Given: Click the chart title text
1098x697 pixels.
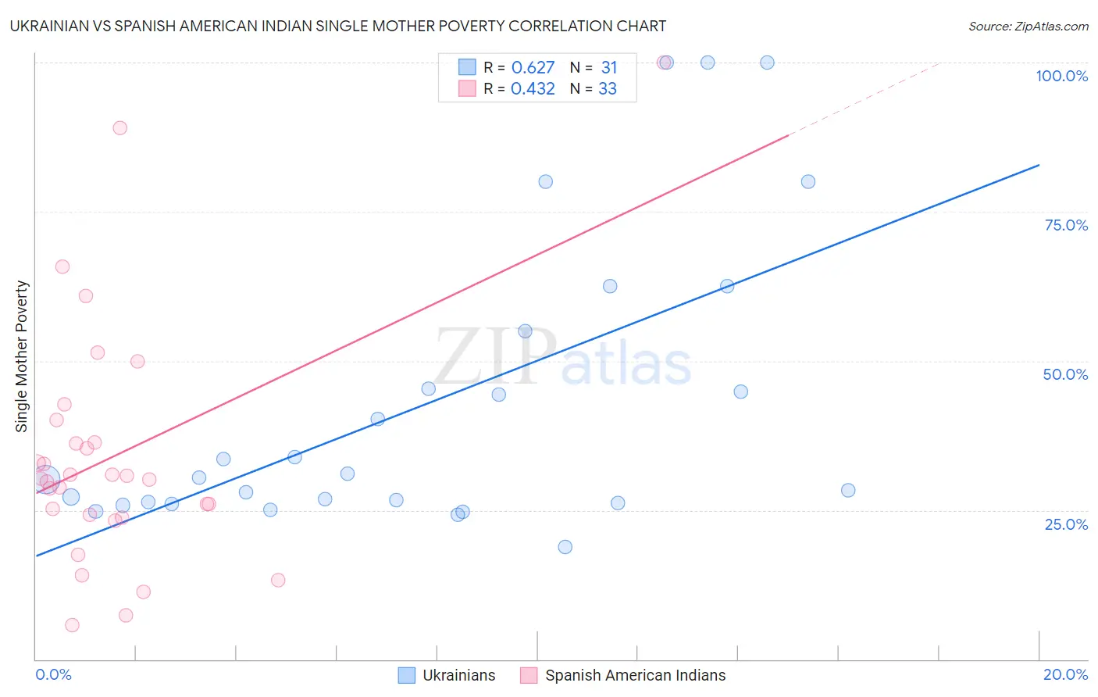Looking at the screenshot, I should tap(338, 26).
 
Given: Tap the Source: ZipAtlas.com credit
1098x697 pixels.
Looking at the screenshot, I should tap(1028, 26).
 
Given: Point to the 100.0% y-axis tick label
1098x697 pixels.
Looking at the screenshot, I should tap(1061, 76).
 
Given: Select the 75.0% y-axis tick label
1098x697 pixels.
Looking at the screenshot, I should tap(1066, 225).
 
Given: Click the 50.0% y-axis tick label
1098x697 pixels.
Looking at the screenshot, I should tap(1065, 374).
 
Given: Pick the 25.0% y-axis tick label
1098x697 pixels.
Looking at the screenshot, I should tap(1066, 524).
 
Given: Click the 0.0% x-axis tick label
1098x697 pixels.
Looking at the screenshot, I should tap(53, 674).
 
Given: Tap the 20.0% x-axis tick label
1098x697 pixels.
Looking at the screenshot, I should tap(1065, 674).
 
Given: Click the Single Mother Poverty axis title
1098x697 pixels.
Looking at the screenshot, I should tap(22, 356).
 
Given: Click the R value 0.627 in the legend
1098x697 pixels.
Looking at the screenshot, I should tap(533, 68).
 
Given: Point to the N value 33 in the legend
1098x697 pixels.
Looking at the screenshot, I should tap(607, 89).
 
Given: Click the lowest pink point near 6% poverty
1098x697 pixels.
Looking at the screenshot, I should tap(72, 625).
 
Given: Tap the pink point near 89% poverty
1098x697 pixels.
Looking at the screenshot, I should tap(119, 128).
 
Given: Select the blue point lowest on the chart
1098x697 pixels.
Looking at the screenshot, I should tap(565, 547).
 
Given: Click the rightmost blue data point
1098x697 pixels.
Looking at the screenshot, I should tap(848, 491).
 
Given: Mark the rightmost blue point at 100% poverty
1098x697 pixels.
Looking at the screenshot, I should tap(767, 63).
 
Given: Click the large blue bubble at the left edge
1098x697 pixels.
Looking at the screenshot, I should tap(46, 480).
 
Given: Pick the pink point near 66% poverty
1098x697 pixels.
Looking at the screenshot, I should tap(62, 266).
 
